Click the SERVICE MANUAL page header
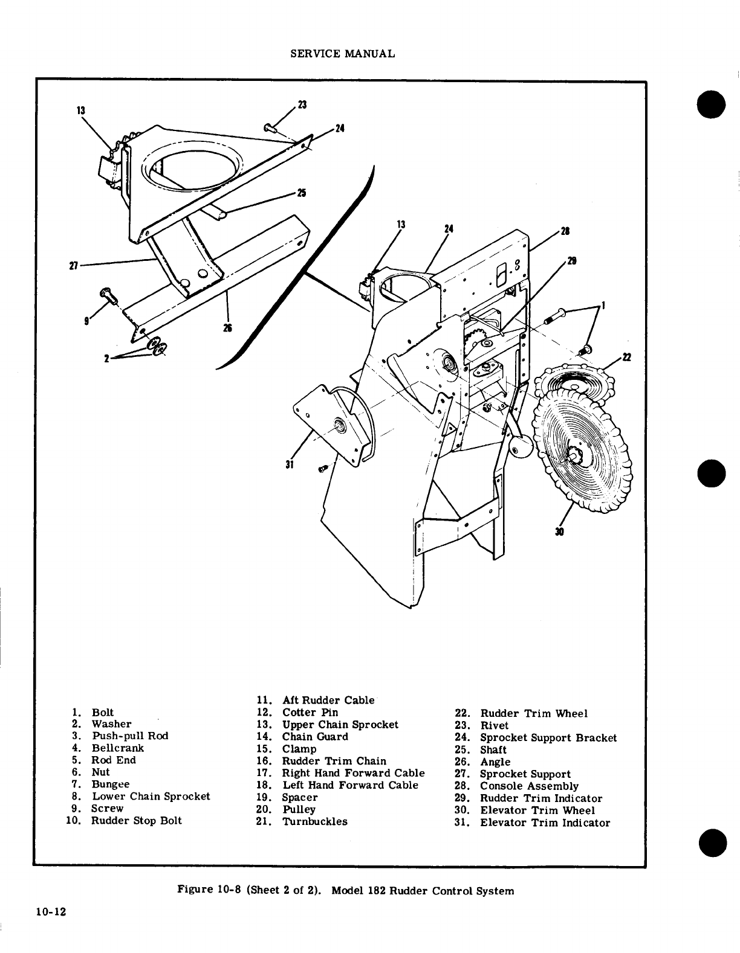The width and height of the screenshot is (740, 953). [343, 54]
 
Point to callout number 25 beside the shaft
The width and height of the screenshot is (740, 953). [300, 193]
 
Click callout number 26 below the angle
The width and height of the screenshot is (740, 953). [228, 327]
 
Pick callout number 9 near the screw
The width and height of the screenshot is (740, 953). [88, 321]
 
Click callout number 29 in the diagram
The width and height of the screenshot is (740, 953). [571, 261]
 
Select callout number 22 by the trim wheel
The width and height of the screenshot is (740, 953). [627, 357]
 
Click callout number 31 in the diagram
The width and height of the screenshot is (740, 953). [290, 464]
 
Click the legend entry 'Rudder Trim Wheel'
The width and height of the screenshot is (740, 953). [533, 714]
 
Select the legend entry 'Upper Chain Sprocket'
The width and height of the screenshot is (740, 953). [340, 725]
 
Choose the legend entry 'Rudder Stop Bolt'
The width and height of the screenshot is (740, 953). [136, 821]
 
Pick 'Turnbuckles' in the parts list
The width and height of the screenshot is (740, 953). [314, 821]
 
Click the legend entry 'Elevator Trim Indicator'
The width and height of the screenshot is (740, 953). [545, 823]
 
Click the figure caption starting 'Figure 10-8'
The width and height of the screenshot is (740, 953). [345, 890]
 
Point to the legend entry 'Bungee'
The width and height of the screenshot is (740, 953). [110, 785]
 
